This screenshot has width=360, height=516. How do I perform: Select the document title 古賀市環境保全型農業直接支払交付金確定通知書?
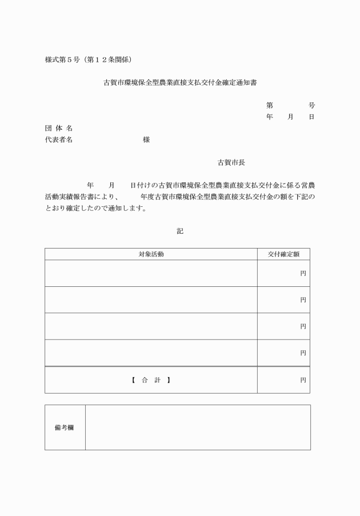tap(180, 83)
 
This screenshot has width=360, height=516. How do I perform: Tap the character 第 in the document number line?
tap(269, 106)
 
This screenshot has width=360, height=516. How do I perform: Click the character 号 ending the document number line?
tap(311, 106)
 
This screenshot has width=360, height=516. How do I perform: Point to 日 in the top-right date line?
tap(311, 117)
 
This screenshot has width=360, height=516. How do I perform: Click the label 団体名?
tap(59, 129)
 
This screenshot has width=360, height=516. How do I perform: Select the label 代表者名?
tap(59, 140)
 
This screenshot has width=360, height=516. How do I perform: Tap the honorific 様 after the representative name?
tap(146, 140)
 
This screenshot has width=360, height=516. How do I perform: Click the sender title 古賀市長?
tap(231, 163)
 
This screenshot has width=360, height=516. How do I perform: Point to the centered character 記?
tap(180, 231)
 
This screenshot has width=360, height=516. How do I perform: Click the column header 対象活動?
tap(151, 254)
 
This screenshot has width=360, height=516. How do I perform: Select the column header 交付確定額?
tap(283, 254)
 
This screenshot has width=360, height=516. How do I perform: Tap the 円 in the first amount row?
tap(303, 274)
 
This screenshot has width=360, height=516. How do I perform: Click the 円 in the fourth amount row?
tap(303, 353)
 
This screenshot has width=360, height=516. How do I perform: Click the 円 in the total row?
tap(303, 380)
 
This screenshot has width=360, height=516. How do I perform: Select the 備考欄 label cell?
tap(65, 427)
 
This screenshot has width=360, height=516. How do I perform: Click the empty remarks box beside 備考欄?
tap(198, 427)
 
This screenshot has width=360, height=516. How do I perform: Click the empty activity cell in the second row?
tap(151, 300)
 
